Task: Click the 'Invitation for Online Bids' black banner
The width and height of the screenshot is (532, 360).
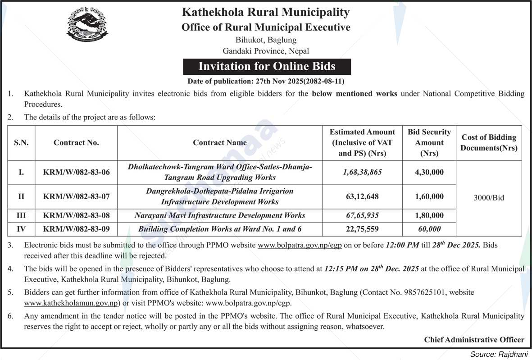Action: coord(267,66)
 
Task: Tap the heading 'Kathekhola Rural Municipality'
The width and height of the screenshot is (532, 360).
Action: coord(266,12)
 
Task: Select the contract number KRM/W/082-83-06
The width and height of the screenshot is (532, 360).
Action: coord(76,172)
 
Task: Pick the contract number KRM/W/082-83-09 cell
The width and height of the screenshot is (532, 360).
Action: coord(76,229)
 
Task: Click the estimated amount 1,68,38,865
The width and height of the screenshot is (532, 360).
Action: coord(362,172)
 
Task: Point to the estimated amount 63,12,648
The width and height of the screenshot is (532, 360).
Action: coord(362,196)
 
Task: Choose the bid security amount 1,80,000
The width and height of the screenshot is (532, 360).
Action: coord(429,215)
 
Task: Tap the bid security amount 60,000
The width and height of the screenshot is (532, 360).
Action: coord(429,229)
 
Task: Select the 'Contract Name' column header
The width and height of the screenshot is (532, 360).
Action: coord(220,143)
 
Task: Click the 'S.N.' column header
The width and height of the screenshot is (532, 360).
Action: coord(21,143)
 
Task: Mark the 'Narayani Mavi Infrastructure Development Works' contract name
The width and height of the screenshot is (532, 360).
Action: coord(220,215)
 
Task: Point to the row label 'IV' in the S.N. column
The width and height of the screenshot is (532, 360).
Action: coord(21,229)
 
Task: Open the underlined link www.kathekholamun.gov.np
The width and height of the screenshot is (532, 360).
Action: coord(71,303)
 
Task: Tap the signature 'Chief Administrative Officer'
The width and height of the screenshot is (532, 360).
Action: coord(474,340)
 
